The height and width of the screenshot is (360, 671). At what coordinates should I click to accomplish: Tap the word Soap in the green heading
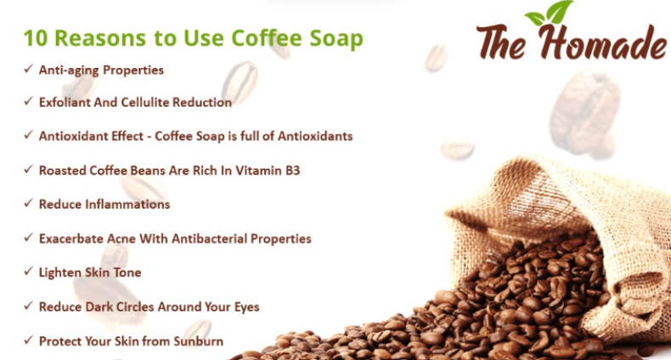point(335,39)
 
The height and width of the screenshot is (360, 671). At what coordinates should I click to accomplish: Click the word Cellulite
point(161,103)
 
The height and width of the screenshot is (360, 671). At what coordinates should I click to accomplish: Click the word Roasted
point(64,170)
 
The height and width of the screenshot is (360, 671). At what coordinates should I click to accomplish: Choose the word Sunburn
point(195,341)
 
